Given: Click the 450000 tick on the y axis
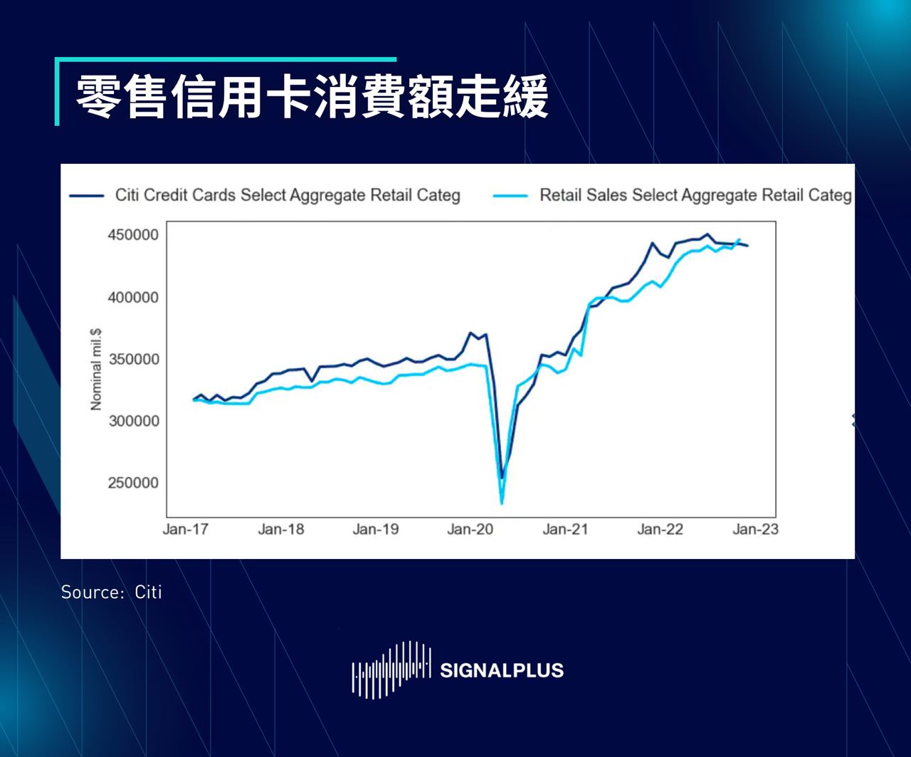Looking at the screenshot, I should point(133,235).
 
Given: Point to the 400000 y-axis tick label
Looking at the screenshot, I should point(133,297).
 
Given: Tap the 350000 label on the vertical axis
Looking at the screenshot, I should point(133,359).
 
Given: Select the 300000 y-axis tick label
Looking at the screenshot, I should point(133,421).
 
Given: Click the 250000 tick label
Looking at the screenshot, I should point(133,483).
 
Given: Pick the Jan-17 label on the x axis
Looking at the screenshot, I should point(186,529).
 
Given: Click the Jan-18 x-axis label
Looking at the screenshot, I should point(281,529).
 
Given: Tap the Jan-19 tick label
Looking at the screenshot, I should point(376,529).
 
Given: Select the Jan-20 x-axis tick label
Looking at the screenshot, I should point(470,529).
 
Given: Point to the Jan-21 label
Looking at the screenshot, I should point(565,529).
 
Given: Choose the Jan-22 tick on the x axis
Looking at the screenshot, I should point(660,529).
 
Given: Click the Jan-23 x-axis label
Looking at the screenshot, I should point(755,529).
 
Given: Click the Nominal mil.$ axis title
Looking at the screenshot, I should point(96,369).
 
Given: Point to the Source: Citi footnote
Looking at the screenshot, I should point(112,592).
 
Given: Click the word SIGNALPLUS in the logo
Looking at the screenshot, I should point(502,670).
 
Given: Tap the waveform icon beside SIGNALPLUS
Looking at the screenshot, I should point(391,669).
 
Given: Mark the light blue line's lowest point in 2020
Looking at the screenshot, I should point(502,503).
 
